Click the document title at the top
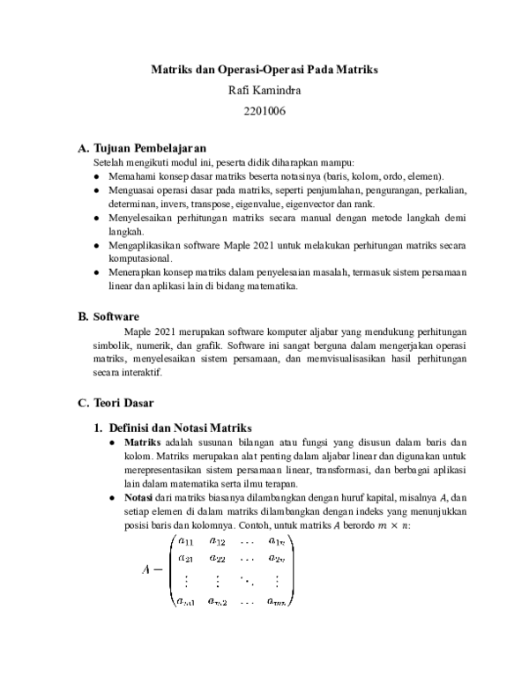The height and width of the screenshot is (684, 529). click(264, 68)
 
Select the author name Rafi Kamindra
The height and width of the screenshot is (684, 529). click(264, 89)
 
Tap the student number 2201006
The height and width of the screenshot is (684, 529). click(264, 111)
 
